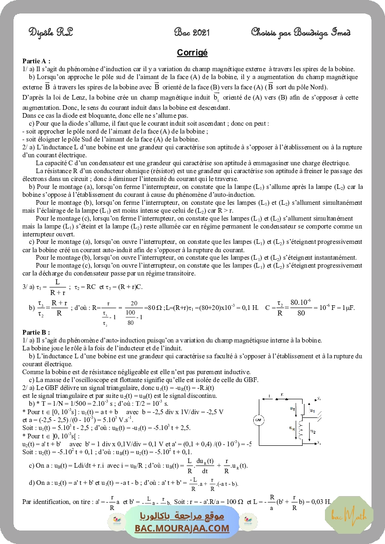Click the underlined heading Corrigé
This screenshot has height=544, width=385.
192,53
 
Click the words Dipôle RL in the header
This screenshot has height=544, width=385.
51,32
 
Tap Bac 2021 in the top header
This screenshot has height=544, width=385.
192,32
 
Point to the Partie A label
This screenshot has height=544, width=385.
36,60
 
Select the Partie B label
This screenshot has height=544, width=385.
36,332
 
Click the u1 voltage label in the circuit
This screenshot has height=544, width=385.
312,411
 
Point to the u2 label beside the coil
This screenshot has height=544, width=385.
313,432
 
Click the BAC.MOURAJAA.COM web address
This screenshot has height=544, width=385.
182,528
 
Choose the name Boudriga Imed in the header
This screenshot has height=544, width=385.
321,32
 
